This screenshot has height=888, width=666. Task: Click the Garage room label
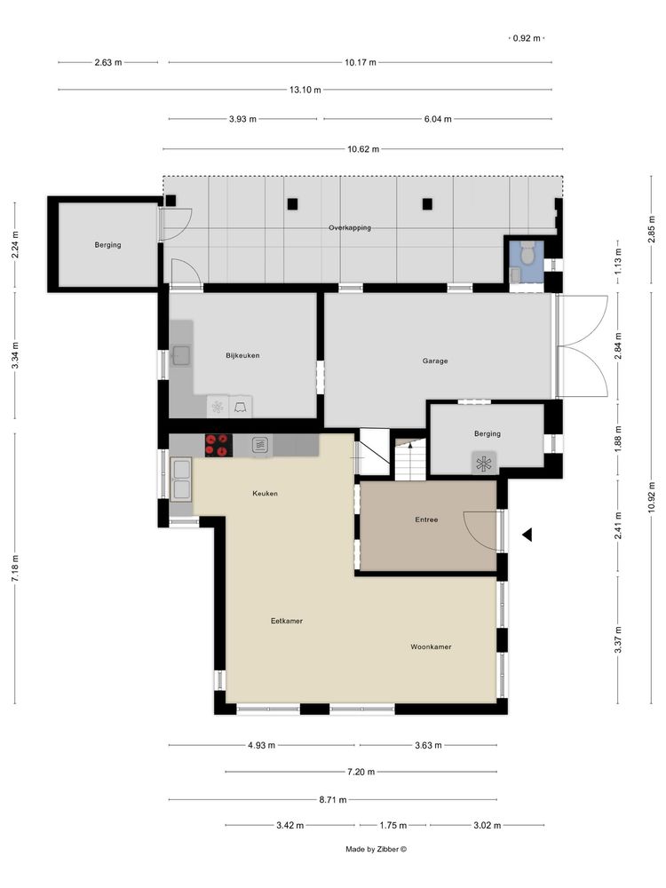(x=435, y=361)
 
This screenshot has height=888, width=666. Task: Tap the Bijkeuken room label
(x=242, y=356)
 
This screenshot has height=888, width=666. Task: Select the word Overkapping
(x=350, y=227)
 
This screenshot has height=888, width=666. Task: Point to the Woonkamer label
(x=431, y=646)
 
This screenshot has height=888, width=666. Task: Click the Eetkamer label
(x=287, y=621)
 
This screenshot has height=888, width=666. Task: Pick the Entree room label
(x=426, y=519)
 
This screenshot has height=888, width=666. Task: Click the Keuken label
(x=265, y=493)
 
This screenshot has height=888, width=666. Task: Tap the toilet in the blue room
(x=527, y=252)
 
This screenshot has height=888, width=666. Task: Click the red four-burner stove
(x=218, y=445)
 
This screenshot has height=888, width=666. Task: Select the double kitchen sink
(x=181, y=480)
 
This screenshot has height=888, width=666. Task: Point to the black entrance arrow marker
(x=527, y=534)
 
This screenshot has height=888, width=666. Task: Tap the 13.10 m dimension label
(x=305, y=90)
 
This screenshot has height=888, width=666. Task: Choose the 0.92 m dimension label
(x=527, y=38)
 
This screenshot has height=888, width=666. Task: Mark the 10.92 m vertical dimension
(x=652, y=497)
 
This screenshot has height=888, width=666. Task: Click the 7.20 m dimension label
(x=361, y=772)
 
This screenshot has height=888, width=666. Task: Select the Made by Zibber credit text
(x=376, y=849)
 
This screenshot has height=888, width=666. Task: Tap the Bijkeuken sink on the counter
(x=181, y=355)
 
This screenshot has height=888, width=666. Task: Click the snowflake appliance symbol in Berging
(x=484, y=464)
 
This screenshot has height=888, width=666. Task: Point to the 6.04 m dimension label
(x=438, y=119)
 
